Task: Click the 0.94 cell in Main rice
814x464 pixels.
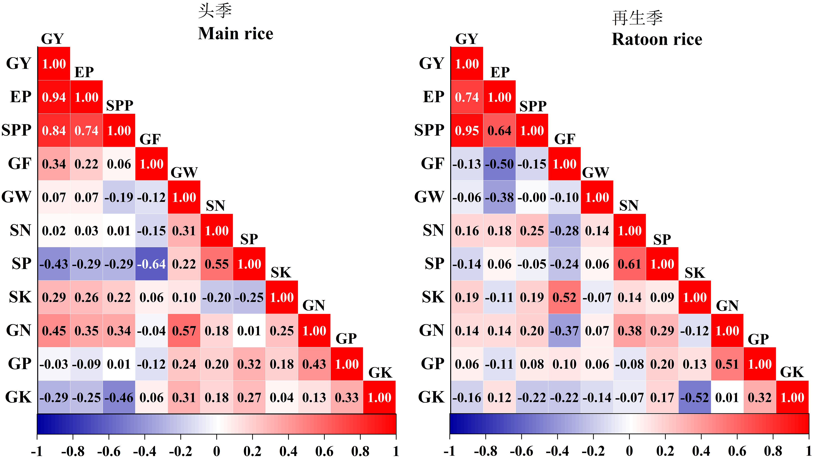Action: tap(54, 97)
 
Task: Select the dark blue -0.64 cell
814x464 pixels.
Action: tap(152, 264)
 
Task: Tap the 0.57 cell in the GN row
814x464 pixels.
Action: tap(184, 331)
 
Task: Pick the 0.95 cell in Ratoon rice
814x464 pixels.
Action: tap(467, 130)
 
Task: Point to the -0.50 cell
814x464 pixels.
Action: tap(499, 164)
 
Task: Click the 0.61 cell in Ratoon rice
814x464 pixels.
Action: tap(630, 264)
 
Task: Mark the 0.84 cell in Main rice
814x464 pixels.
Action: tap(54, 130)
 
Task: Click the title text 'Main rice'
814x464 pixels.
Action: tap(236, 33)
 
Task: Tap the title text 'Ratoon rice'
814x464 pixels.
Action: tap(657, 40)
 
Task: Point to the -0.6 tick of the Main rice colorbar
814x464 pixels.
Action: tap(109, 451)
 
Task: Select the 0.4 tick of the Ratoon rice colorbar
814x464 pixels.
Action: tap(701, 451)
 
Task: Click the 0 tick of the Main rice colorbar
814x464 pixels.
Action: tap(216, 451)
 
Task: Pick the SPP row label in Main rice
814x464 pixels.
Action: tap(17, 130)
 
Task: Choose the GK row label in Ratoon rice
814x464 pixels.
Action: tap(431, 397)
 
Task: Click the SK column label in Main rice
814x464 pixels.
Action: tap(281, 273)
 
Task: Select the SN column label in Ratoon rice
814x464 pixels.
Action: tap(629, 206)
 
